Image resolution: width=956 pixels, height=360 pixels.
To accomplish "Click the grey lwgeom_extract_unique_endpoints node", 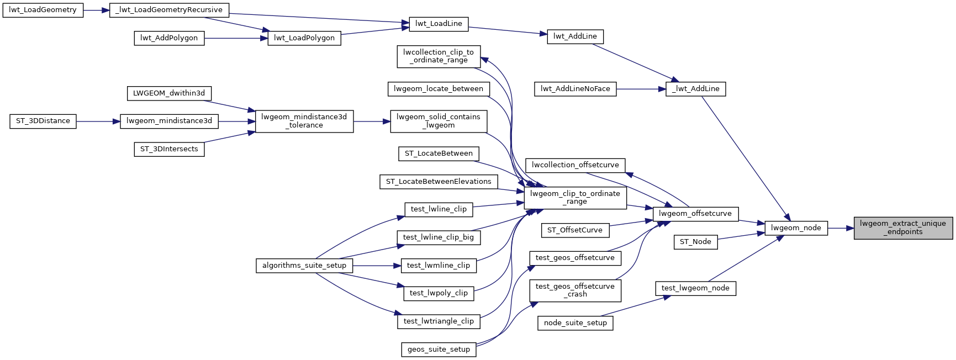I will coord(903,227).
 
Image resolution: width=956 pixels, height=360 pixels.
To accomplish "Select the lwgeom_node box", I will coord(796,227).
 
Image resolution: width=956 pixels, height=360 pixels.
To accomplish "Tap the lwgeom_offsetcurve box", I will coord(695,214).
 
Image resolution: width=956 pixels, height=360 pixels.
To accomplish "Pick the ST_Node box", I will coord(695,242).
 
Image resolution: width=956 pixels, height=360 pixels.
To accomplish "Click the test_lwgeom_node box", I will coord(695,288).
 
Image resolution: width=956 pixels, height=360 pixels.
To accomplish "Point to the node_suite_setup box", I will coord(575,323).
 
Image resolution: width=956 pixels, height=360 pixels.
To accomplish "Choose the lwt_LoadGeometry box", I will coord(43,10).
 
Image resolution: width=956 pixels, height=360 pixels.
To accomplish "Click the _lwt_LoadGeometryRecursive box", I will coord(169,10).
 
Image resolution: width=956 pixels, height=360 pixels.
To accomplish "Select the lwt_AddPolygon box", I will coord(169,38).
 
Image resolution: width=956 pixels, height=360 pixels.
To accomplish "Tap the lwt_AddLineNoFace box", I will coord(575,89).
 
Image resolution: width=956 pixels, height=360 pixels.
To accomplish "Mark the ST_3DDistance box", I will coord(43,121).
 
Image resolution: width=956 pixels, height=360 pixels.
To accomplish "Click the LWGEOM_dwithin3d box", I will coord(169,93).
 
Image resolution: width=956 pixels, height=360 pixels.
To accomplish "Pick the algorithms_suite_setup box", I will coord(304,266).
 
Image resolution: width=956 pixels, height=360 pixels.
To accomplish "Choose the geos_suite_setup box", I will coord(439,350).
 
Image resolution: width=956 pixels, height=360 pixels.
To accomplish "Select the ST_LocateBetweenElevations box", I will coord(439,182).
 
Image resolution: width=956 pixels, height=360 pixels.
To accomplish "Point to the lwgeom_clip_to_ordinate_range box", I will coord(575,198).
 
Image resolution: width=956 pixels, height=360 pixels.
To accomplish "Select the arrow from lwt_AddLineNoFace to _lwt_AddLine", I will coord(641,89).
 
